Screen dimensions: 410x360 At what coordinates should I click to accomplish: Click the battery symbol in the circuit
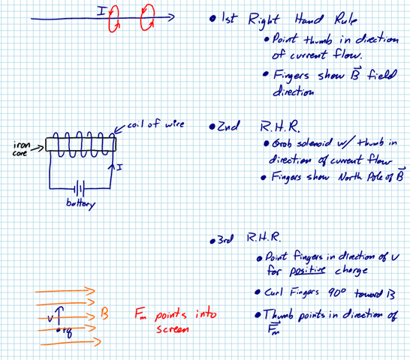point(80,188)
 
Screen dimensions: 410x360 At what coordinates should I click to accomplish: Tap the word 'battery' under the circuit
point(81,204)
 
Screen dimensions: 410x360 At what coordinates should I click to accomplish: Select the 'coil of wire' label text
point(156,124)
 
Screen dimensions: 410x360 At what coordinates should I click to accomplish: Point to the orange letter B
point(104,313)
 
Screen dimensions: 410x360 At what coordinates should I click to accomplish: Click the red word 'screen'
point(173,329)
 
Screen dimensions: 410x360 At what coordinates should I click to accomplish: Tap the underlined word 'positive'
point(307,271)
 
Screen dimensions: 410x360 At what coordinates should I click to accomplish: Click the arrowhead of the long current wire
point(172,17)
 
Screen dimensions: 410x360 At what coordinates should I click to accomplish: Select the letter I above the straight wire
point(101,11)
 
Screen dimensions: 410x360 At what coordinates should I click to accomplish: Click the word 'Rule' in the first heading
point(345,19)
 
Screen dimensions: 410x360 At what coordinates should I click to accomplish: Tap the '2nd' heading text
point(228,126)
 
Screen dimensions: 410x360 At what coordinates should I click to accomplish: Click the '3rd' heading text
point(225,239)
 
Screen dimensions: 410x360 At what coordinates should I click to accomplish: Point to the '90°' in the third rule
point(337,292)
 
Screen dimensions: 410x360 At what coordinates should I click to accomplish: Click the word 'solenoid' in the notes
point(315,143)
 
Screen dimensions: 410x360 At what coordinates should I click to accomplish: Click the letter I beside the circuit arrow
point(119,167)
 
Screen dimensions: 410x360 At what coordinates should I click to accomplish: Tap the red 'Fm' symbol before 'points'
point(140,313)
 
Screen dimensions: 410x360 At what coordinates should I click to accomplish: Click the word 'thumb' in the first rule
point(318,40)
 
